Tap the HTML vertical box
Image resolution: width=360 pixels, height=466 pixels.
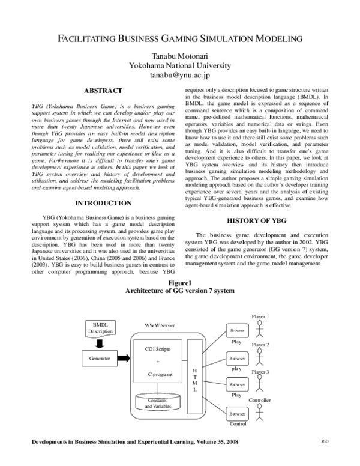click(x=194, y=377)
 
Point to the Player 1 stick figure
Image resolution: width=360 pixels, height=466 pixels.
click(x=259, y=330)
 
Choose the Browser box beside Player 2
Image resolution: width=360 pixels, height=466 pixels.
click(x=237, y=359)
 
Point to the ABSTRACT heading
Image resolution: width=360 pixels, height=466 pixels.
click(x=103, y=90)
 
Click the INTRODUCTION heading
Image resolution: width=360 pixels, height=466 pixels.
click(x=103, y=202)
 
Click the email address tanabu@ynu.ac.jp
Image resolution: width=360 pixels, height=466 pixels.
click(x=180, y=76)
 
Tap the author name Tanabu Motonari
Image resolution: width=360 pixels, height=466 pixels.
click(x=180, y=56)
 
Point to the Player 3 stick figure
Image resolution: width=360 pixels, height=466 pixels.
click(x=259, y=384)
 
